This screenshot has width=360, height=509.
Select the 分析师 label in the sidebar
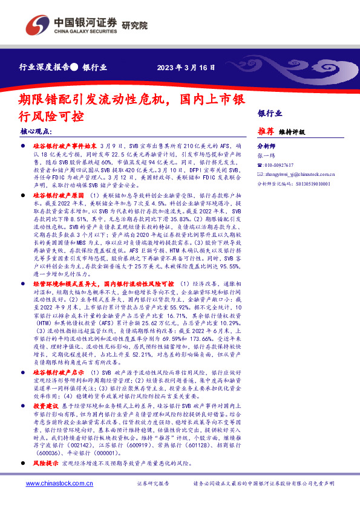coord(266,146)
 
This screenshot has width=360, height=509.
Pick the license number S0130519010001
coord(303,183)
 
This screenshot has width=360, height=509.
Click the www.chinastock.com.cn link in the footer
coord(57,501)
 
